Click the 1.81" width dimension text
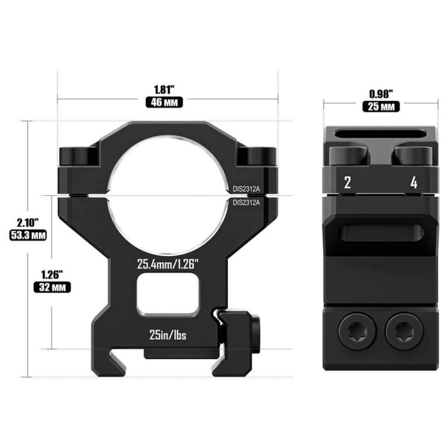click(x=167, y=89)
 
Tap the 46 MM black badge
click(x=167, y=102)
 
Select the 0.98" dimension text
click(x=381, y=93)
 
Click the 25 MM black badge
click(x=381, y=106)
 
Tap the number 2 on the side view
click(x=347, y=183)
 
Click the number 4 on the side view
click(x=414, y=183)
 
